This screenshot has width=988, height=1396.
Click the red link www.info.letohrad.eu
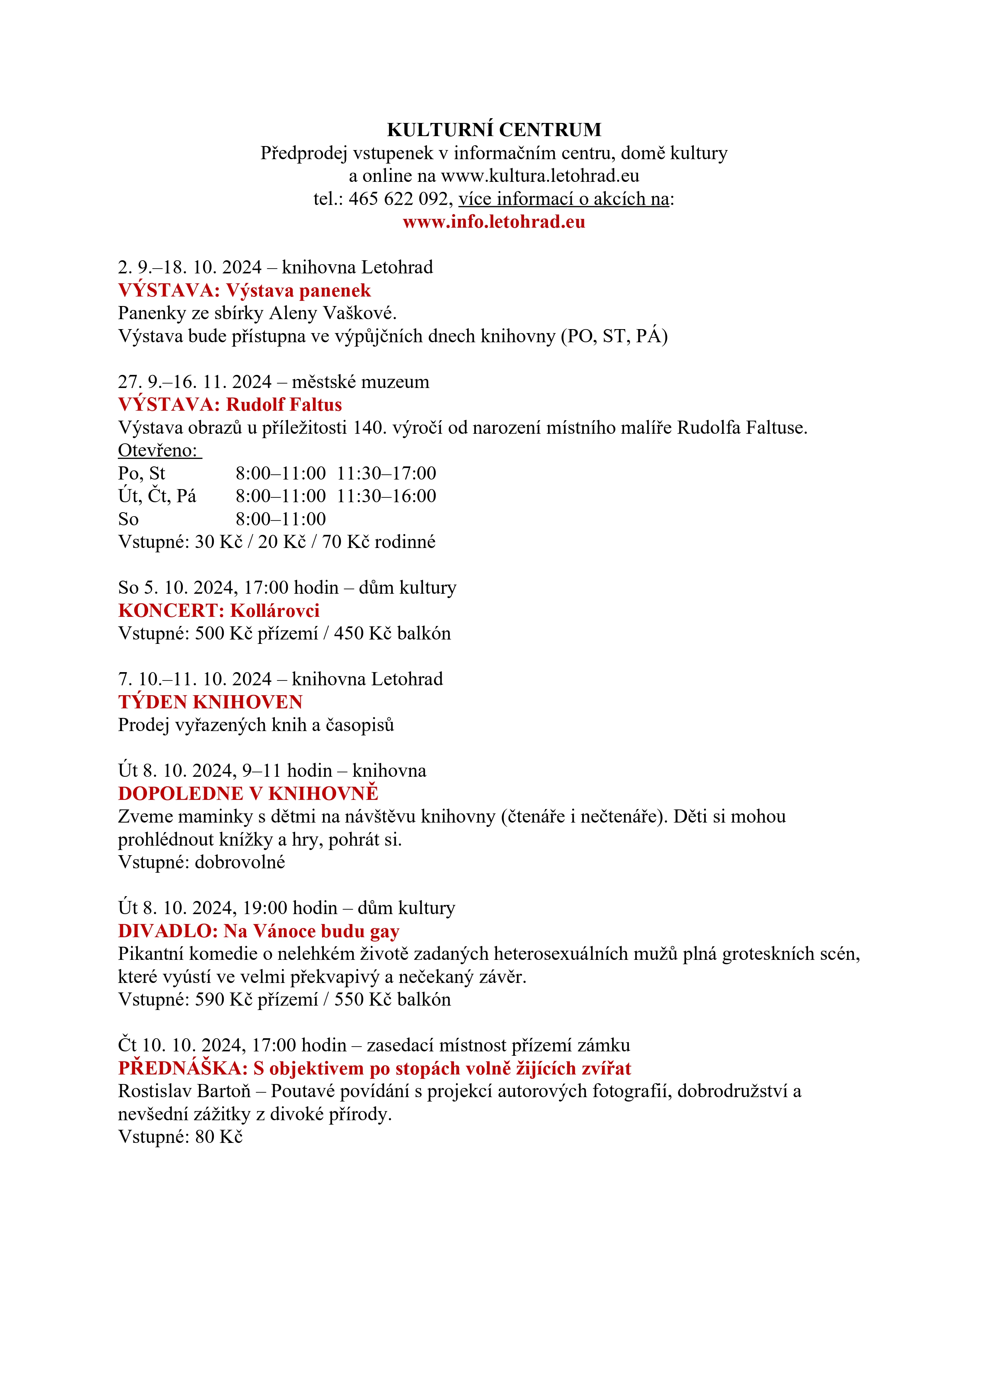pos(493,222)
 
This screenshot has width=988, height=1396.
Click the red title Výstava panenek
pos(298,291)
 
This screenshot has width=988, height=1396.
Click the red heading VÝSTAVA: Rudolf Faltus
pos(229,405)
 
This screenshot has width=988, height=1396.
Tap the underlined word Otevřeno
pos(157,450)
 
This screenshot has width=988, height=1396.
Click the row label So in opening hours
pos(128,519)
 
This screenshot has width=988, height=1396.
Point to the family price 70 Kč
pos(345,542)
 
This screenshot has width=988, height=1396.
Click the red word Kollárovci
pos(275,610)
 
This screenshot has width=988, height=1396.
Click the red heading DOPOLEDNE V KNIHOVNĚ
pos(248,794)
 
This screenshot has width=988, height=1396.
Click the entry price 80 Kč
pos(218,1137)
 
